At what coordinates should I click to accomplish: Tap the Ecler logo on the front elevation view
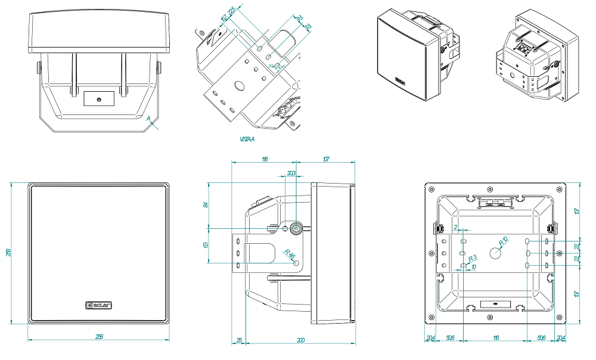pyautogui.click(x=99, y=306)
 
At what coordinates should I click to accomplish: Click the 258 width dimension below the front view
pyautogui.click(x=99, y=337)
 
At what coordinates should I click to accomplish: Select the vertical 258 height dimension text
pyautogui.click(x=8, y=253)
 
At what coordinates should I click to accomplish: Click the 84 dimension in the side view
pyautogui.click(x=206, y=204)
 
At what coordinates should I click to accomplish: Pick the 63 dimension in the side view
pyautogui.click(x=206, y=244)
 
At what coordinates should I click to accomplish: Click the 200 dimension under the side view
pyautogui.click(x=300, y=340)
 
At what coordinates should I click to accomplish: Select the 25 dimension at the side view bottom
pyautogui.click(x=239, y=340)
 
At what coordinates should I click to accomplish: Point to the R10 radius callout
pyautogui.click(x=503, y=241)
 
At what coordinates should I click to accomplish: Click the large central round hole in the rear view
pyautogui.click(x=496, y=253)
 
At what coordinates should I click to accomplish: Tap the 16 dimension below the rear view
pyautogui.click(x=496, y=337)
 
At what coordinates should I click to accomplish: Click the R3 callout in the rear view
pyautogui.click(x=473, y=257)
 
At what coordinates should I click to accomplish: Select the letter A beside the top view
pyautogui.click(x=149, y=119)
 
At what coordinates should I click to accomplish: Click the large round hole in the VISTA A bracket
pyautogui.click(x=239, y=86)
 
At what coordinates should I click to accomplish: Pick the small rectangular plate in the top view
pyautogui.click(x=98, y=98)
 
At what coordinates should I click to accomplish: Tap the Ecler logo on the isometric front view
pyautogui.click(x=401, y=79)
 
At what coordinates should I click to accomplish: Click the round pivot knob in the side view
pyautogui.click(x=296, y=227)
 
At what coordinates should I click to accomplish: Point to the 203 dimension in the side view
pyautogui.click(x=291, y=173)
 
